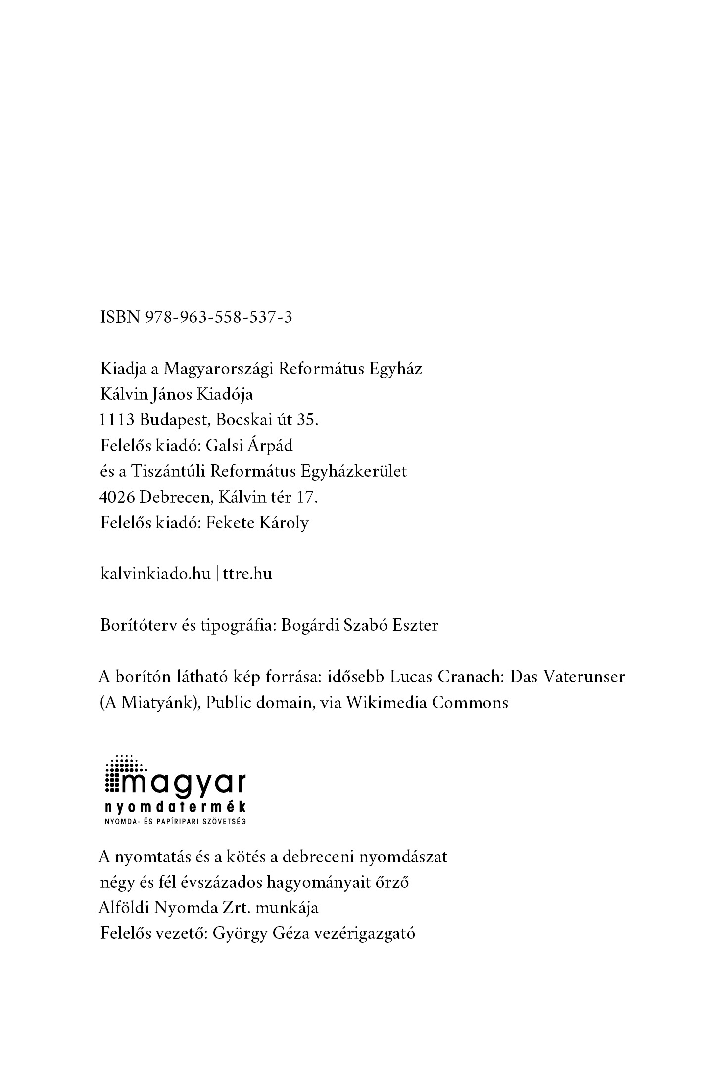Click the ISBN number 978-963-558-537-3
coord(218,317)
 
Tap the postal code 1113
coord(117,420)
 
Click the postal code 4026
coord(117,497)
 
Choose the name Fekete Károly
coord(257,523)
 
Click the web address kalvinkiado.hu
coord(155,574)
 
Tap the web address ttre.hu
coord(247,574)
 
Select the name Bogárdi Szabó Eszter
coord(359,625)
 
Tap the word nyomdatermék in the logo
coord(175,808)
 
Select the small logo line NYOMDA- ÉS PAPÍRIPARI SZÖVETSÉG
coord(175,822)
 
